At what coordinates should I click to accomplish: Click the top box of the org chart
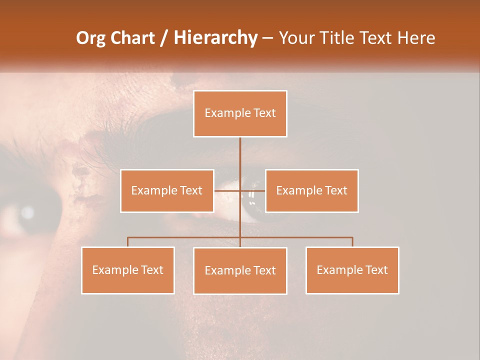point(240,113)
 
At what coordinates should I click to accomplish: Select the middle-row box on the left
point(167,190)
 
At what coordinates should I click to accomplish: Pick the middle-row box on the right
point(311,190)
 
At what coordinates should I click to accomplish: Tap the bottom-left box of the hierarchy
point(128,270)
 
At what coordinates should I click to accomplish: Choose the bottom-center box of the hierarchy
point(240,270)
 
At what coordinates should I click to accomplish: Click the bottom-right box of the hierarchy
point(352,270)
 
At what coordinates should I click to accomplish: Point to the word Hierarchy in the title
point(215,38)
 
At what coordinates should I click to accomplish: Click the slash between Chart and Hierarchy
point(164,38)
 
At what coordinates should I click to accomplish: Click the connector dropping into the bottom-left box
point(128,242)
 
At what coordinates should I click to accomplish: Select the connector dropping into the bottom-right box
point(352,242)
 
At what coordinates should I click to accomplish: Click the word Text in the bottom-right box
point(376,270)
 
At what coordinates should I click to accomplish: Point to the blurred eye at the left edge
point(25,213)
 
